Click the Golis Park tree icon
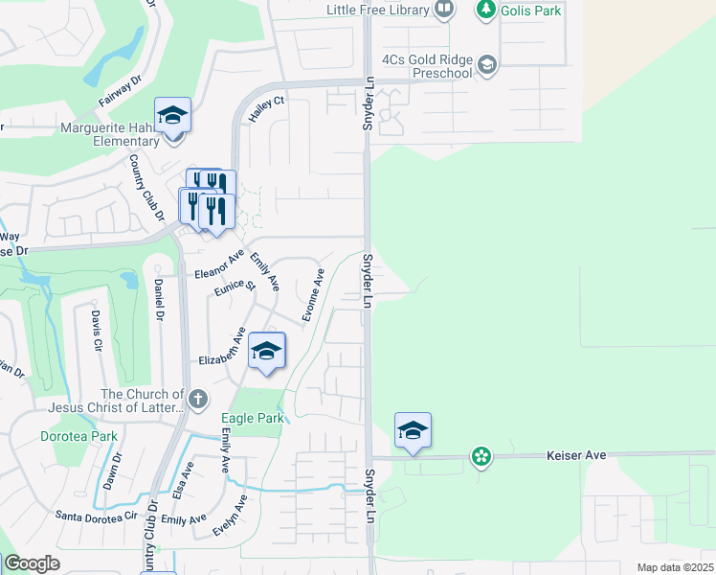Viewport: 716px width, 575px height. click(486, 10)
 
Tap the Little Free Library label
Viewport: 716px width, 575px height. click(377, 10)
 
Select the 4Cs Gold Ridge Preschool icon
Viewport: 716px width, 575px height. click(487, 64)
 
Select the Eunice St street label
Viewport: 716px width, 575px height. click(235, 287)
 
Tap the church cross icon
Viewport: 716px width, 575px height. click(197, 400)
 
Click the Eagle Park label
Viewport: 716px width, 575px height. click(253, 418)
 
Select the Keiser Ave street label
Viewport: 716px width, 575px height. click(576, 456)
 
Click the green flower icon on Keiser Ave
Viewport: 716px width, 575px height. click(481, 457)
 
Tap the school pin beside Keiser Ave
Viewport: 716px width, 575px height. click(413, 430)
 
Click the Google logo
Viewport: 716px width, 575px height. click(32, 563)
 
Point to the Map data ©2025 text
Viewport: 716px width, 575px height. click(674, 567)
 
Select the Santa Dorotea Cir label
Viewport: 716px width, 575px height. click(97, 516)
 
